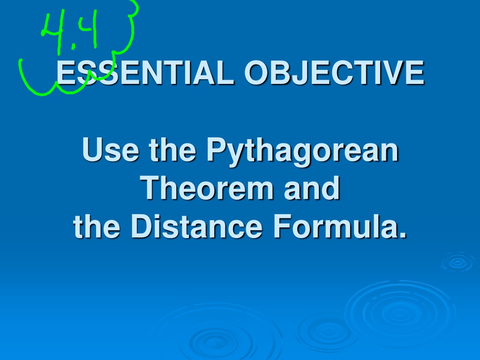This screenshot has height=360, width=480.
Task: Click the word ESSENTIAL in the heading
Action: pyautogui.click(x=145, y=72)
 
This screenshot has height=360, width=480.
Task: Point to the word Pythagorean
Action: pyautogui.click(x=302, y=151)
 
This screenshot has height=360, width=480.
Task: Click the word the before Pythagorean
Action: pyautogui.click(x=172, y=150)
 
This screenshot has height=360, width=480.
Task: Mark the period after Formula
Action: pyautogui.click(x=403, y=234)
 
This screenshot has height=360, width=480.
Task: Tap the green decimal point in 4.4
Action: pyautogui.click(x=73, y=46)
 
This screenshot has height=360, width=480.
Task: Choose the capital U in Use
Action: pyautogui.click(x=93, y=150)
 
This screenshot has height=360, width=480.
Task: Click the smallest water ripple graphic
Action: pyautogui.click(x=457, y=262)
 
